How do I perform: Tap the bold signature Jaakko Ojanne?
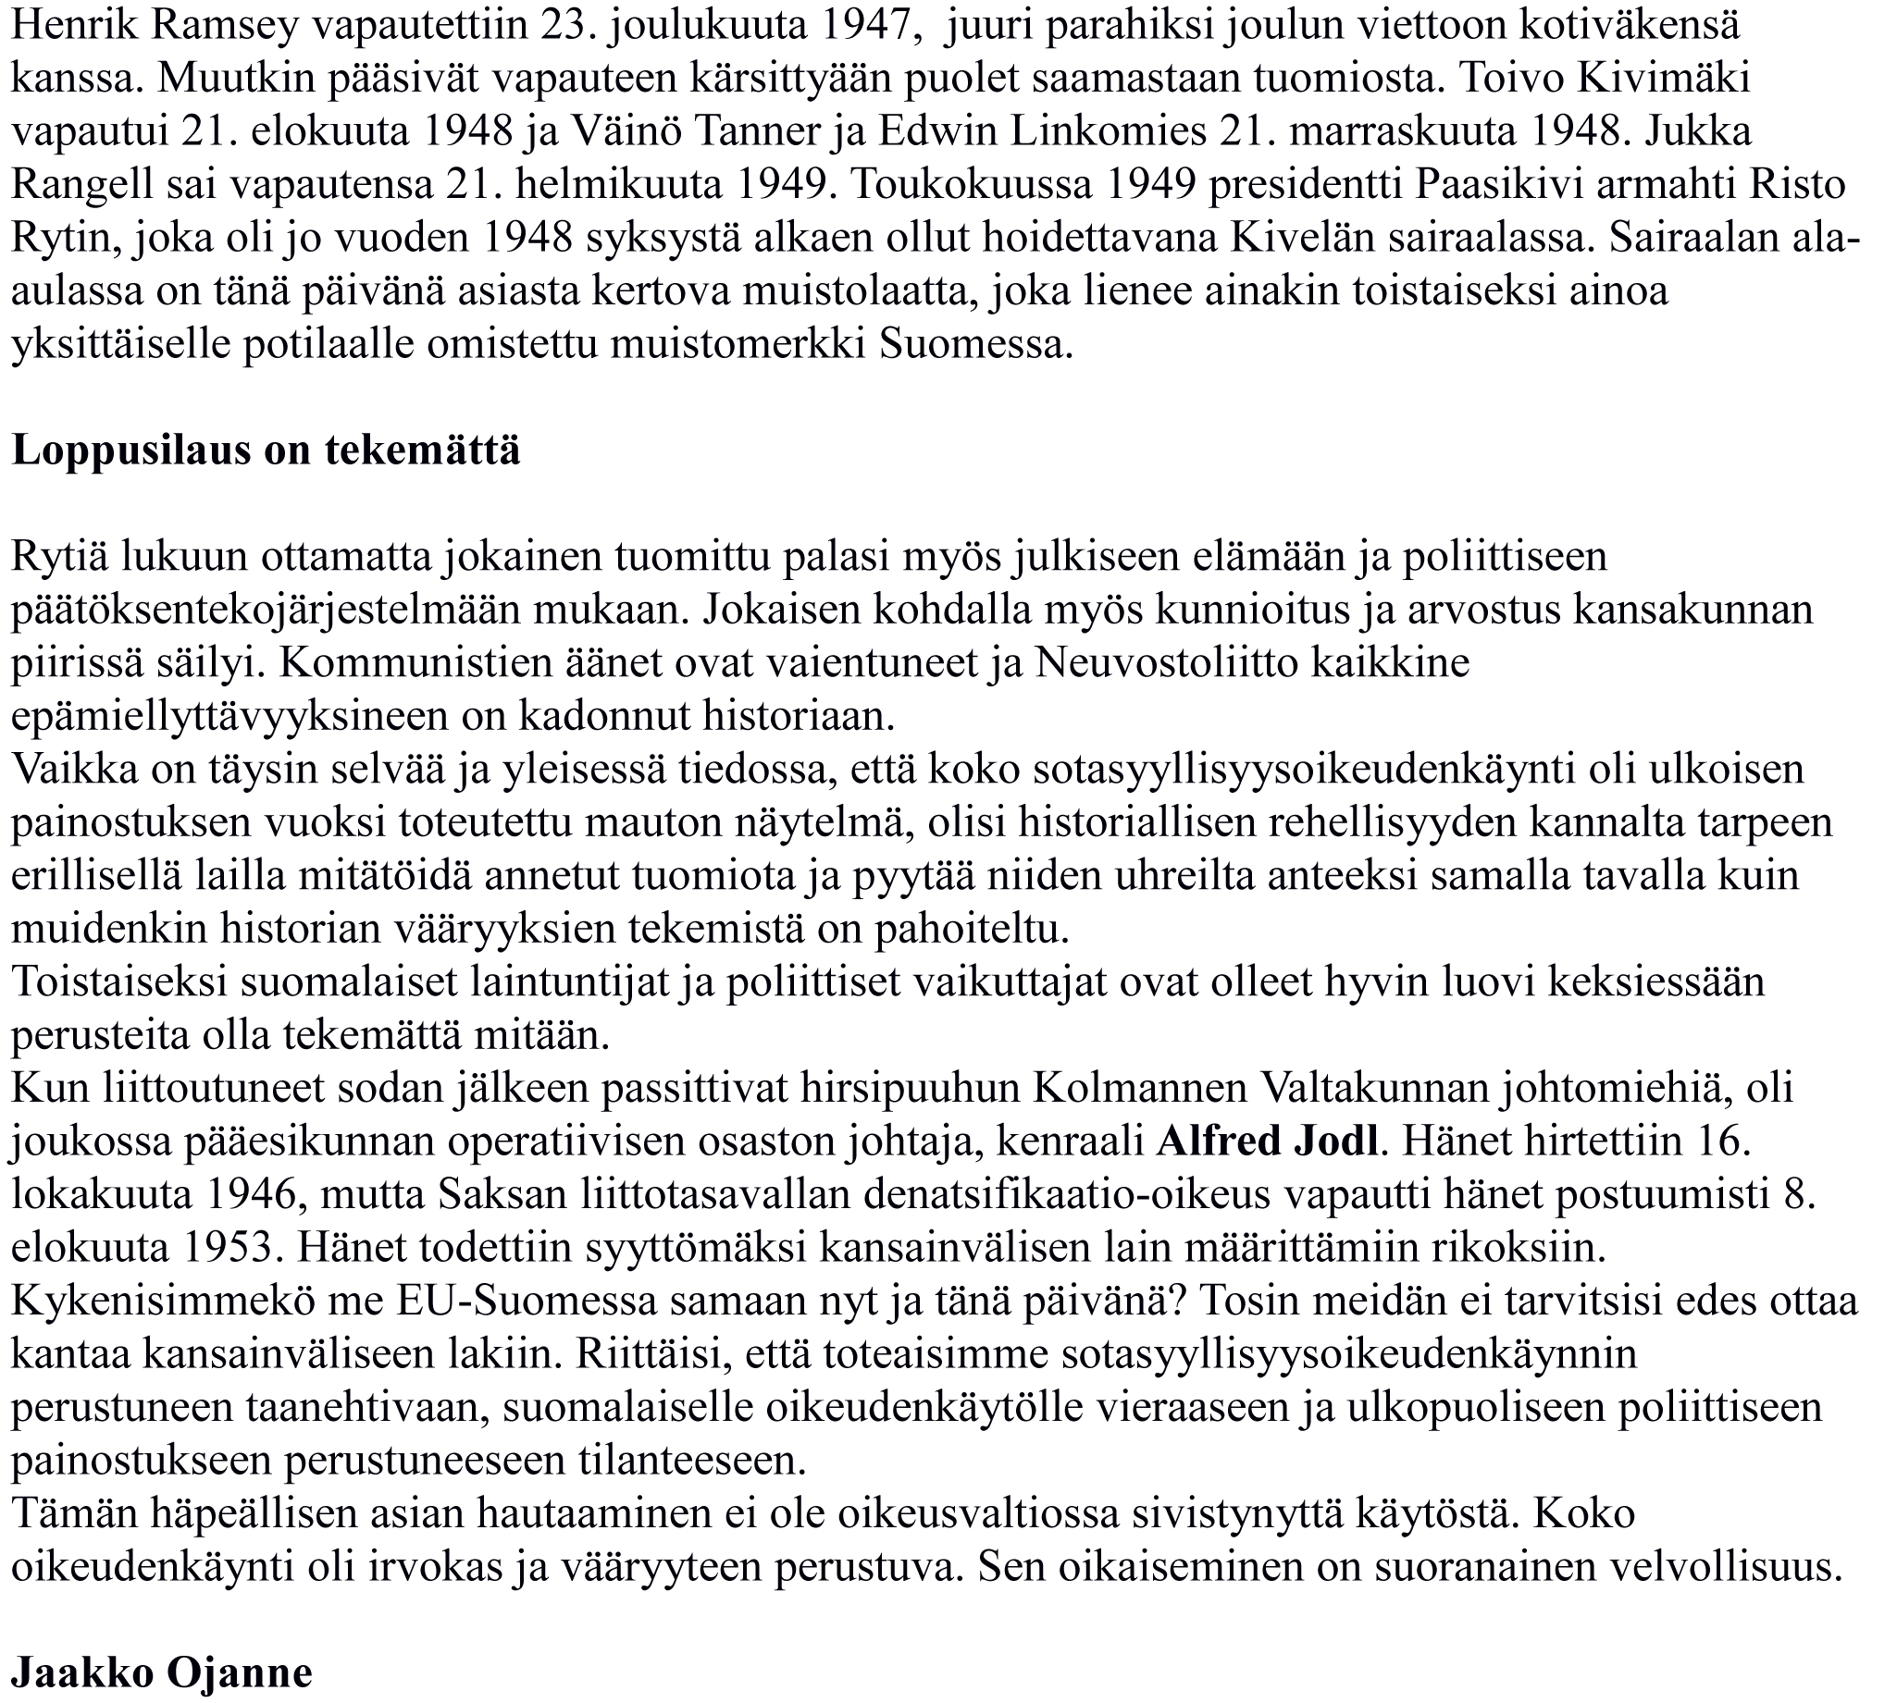pos(161,1673)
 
